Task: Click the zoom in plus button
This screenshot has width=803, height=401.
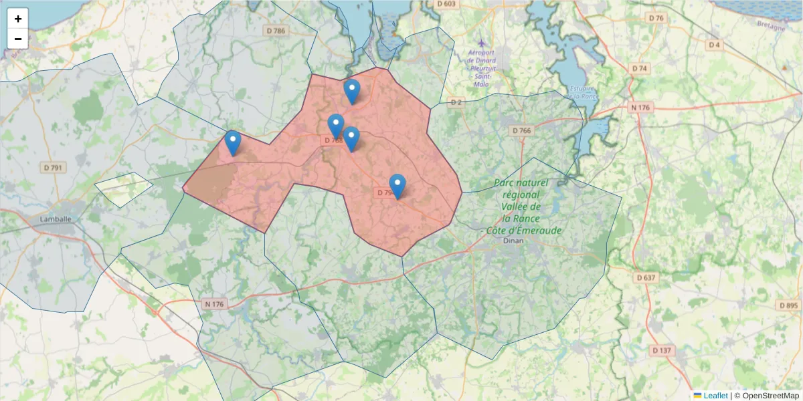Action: click(x=18, y=19)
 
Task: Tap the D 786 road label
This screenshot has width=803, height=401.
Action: click(x=275, y=31)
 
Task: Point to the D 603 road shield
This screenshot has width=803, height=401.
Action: click(x=446, y=4)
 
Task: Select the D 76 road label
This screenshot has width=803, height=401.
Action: click(x=656, y=18)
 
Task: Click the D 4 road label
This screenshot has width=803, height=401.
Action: click(x=715, y=45)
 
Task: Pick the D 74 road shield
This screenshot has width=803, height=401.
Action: click(x=640, y=69)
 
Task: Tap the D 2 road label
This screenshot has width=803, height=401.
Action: click(x=456, y=102)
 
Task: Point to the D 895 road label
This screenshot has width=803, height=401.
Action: click(x=788, y=305)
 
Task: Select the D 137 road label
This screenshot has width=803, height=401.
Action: click(x=661, y=350)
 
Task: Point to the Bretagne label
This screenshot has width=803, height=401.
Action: click(x=771, y=27)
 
